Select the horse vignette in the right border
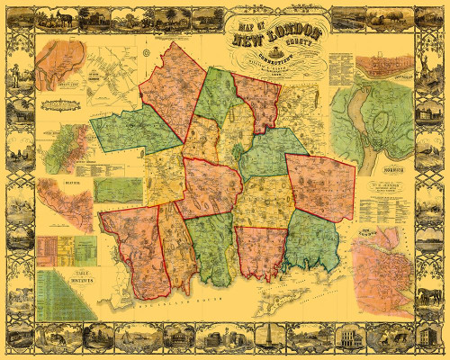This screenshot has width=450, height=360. tap(433, 297)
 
